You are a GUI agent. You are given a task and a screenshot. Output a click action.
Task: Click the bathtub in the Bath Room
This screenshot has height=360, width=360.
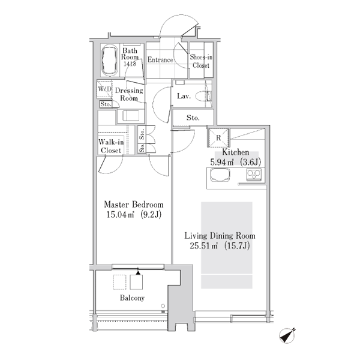pos(110,60)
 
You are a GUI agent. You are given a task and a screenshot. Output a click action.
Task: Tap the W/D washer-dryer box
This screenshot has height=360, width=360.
pos(104,89)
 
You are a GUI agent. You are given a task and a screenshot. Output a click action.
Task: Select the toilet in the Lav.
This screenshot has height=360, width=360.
pos(203,96)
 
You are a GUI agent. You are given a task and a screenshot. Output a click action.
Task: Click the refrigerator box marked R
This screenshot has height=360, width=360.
pos(218,138)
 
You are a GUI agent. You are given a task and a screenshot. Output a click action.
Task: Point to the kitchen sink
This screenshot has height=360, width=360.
pos(220,175)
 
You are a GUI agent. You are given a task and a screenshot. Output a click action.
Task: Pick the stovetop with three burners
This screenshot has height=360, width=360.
pos(254,175)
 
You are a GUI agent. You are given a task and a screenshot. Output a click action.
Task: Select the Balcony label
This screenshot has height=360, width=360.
pos(132,298)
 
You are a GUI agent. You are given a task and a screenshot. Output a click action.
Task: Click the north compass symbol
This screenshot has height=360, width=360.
pos(287,336)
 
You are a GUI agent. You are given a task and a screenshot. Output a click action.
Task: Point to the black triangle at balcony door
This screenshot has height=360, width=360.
pos(138,273)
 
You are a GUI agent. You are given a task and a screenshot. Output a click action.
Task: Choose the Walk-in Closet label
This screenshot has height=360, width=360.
pos(111,146)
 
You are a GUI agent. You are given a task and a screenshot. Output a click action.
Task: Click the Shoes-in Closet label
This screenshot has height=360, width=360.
pos(201,61)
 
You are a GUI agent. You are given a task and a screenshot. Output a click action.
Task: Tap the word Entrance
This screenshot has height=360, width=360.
pos(160,59)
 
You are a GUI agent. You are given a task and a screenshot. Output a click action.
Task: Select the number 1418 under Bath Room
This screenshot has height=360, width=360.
pos(130,64)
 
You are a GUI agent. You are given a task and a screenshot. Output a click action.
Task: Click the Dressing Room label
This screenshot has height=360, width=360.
pos(129,94)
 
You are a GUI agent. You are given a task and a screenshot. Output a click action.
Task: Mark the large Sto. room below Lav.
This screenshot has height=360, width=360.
pos(193,118)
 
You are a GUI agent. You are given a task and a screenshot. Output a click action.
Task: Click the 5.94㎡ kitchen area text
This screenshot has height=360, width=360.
pos(236,163)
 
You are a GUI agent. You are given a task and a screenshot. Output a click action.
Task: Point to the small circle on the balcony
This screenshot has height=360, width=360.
pos(163,306)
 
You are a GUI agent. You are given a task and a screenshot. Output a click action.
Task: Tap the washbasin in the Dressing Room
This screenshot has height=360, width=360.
pos(131,116)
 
